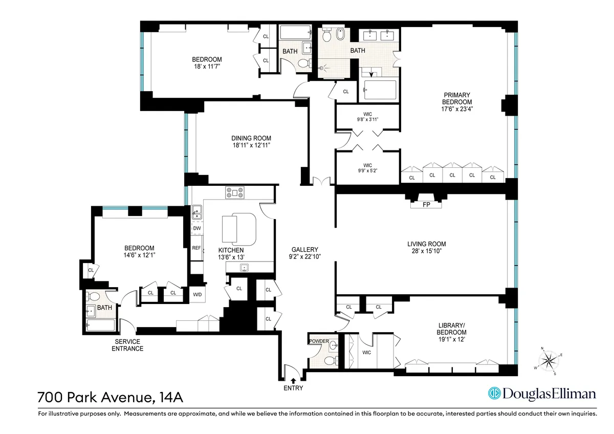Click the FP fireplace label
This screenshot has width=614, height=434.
coord(426,205)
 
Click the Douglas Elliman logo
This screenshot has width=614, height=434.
coord(542,394)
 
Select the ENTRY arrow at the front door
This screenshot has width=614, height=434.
coord(293,380)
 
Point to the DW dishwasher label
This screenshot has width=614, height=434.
coord(197,229)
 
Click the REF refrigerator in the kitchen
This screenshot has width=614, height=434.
coord(196,248)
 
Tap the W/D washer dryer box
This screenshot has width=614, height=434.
coord(197,294)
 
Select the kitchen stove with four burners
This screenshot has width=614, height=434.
coord(235,193)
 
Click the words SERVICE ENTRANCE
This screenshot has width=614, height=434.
coord(127,345)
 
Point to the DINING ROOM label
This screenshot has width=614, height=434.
coord(251,138)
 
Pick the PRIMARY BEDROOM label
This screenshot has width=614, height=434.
coord(457,98)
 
